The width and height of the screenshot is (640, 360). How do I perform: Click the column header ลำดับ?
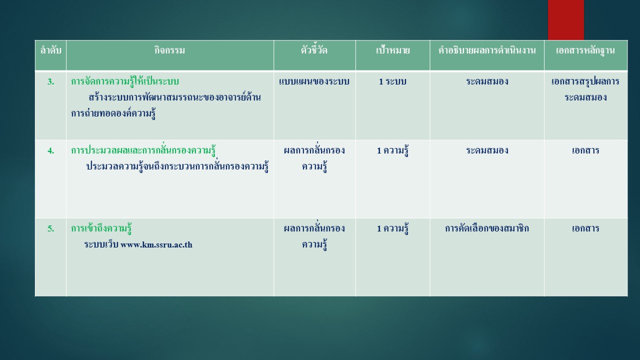pos(51,50)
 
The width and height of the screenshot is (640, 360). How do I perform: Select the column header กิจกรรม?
pos(169,50)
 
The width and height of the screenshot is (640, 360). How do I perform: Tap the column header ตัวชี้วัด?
pos(314,50)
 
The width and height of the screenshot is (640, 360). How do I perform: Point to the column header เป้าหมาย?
pos(392,50)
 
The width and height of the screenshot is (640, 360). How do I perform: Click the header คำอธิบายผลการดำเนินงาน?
pos(487,50)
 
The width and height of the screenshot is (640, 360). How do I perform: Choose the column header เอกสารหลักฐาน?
pos(585,51)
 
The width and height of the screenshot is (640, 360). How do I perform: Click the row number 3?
pos(51,81)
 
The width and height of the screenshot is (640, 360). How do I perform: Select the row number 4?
pos(51,150)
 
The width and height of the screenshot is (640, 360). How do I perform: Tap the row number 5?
pos(51,228)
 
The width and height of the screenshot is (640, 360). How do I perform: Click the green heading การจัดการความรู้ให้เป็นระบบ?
pos(125,81)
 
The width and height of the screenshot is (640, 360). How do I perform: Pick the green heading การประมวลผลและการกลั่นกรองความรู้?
pos(143,150)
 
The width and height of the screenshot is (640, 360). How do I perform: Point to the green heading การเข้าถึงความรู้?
pos(101,228)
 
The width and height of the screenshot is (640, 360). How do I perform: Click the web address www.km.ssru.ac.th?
pos(156,245)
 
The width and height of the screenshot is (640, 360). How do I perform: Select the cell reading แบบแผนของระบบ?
pos(314,81)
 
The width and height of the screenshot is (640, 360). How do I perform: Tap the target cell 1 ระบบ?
pos(392,81)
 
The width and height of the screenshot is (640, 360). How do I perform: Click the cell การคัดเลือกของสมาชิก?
pos(487,228)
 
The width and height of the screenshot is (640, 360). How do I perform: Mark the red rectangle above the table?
pos(565,20)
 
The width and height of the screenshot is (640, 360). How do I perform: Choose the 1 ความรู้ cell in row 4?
pos(392,150)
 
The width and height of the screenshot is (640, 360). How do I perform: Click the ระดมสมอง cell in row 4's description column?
pos(487,150)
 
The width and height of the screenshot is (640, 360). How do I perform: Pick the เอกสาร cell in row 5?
pos(585,228)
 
